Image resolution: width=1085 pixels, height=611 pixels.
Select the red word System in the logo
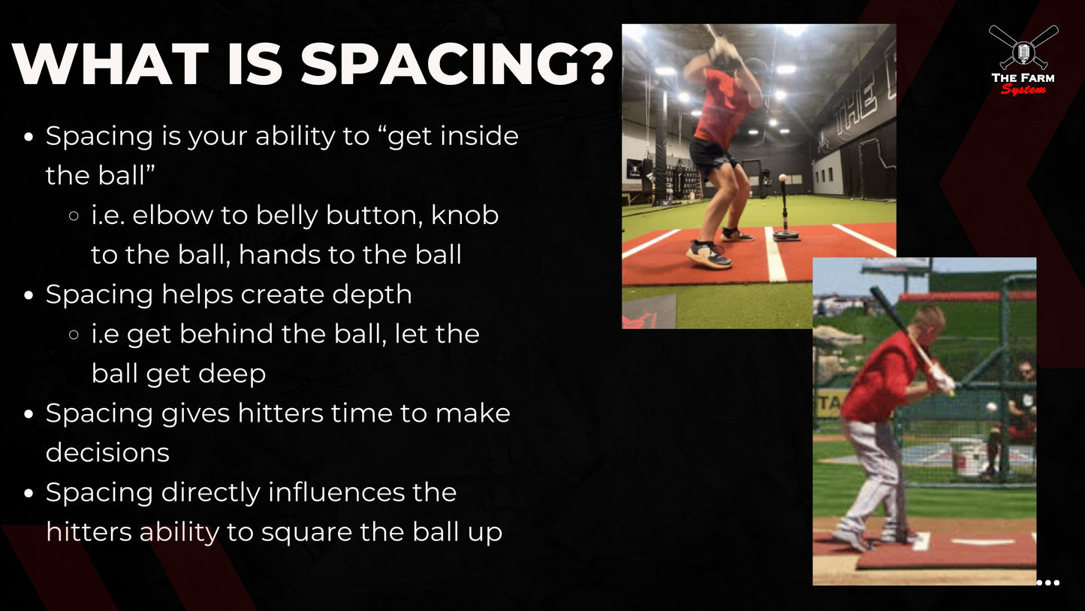(1023, 89)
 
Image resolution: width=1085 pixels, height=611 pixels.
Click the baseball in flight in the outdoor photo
(992, 407)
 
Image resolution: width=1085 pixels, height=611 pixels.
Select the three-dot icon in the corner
(1047, 582)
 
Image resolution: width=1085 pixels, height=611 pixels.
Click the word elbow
(176, 215)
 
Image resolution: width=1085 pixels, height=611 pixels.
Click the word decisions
(107, 452)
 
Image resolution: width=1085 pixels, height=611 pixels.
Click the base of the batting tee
(786, 236)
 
